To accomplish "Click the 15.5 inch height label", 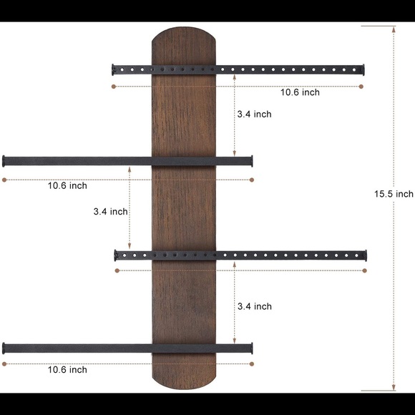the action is [x=394, y=194].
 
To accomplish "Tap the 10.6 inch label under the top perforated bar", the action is [x=300, y=92].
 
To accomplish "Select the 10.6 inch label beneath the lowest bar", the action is [x=67, y=370].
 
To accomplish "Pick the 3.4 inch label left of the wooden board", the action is [x=110, y=212].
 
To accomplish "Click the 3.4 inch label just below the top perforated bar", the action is [x=254, y=114].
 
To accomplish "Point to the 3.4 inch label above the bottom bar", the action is [x=254, y=306].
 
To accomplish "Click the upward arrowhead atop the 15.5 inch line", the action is [x=394, y=29].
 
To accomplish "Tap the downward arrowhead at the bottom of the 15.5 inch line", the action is [x=394, y=387].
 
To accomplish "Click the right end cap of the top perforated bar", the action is [x=363, y=70].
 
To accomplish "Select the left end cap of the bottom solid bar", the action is [x=4, y=348].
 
